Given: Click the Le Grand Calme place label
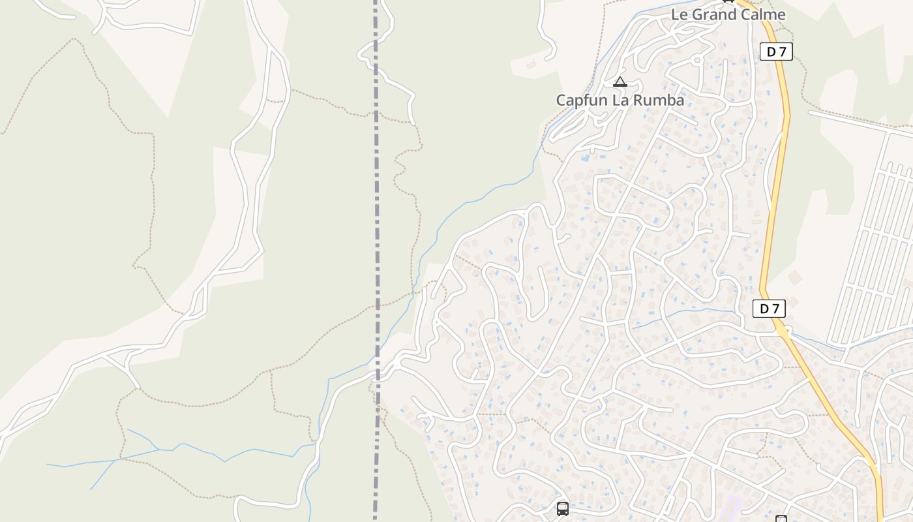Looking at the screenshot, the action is point(728,14).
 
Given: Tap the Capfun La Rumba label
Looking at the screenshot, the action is point(620,100).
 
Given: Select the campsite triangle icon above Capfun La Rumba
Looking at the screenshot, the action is point(620,82).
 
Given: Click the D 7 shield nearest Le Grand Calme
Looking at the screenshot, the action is point(776,52).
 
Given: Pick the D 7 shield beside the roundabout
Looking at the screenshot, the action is point(770,309).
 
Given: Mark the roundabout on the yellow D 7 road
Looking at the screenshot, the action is point(783,331).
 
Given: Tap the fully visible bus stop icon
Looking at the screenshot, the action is point(563,508).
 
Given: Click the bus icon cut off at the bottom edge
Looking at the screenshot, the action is point(781,519).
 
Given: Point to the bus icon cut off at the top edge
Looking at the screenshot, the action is point(728,1).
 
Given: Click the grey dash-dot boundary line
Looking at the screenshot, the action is point(376,196).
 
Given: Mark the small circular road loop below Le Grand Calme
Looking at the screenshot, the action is point(696,60).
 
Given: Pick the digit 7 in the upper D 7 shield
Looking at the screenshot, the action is point(781,52).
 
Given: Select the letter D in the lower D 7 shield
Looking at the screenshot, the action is point(764,309).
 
